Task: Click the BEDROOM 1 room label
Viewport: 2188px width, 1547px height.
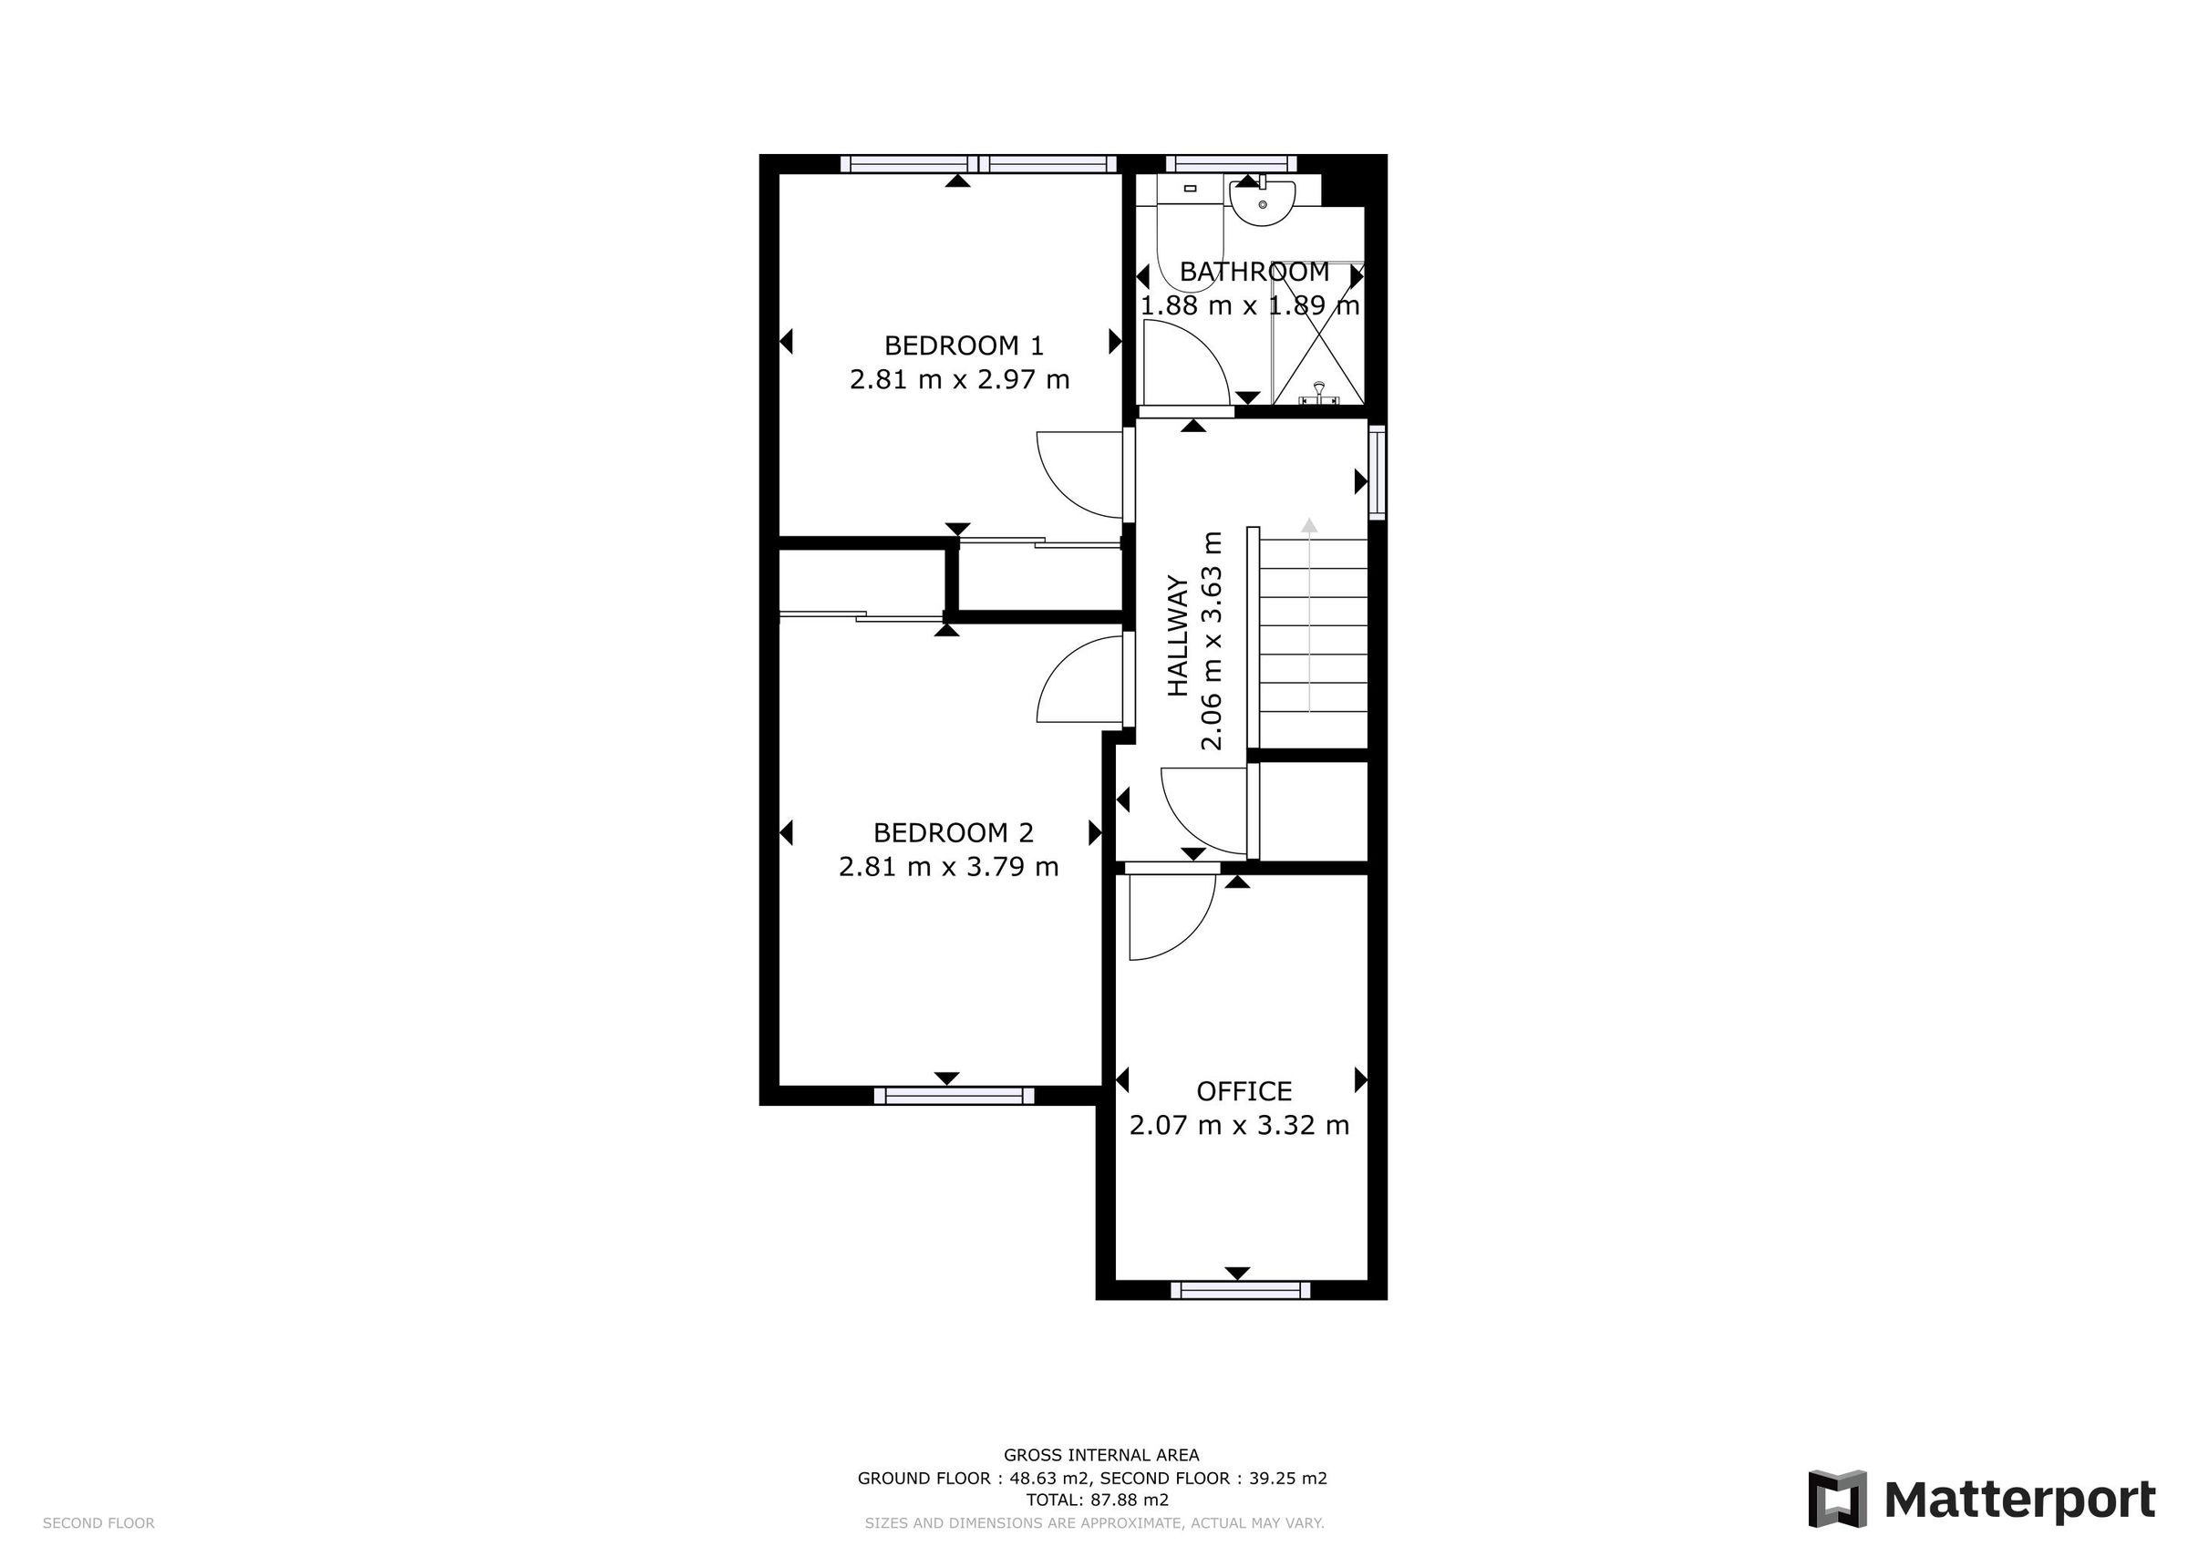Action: coord(963,345)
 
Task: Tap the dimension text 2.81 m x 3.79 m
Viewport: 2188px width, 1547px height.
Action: coord(948,867)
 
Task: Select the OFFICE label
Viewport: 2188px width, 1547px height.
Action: coord(1244,1090)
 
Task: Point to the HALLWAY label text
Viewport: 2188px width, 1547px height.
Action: coord(1179,635)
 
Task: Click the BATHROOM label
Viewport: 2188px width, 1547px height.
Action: coord(1254,272)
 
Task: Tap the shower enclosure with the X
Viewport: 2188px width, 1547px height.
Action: coord(1318,334)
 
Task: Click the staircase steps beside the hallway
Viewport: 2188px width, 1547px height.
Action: coord(1312,639)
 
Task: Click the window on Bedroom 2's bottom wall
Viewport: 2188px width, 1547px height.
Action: coord(954,1096)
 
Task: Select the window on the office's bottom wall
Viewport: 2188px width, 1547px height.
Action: coord(1240,1290)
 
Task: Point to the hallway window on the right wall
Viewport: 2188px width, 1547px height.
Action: coord(1377,473)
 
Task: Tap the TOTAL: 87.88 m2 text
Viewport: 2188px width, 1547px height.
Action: coord(1096,1500)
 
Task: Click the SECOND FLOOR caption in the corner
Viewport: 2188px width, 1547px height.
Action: coord(98,1523)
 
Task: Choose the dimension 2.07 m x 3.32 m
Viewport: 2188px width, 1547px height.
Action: coord(1239,1126)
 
